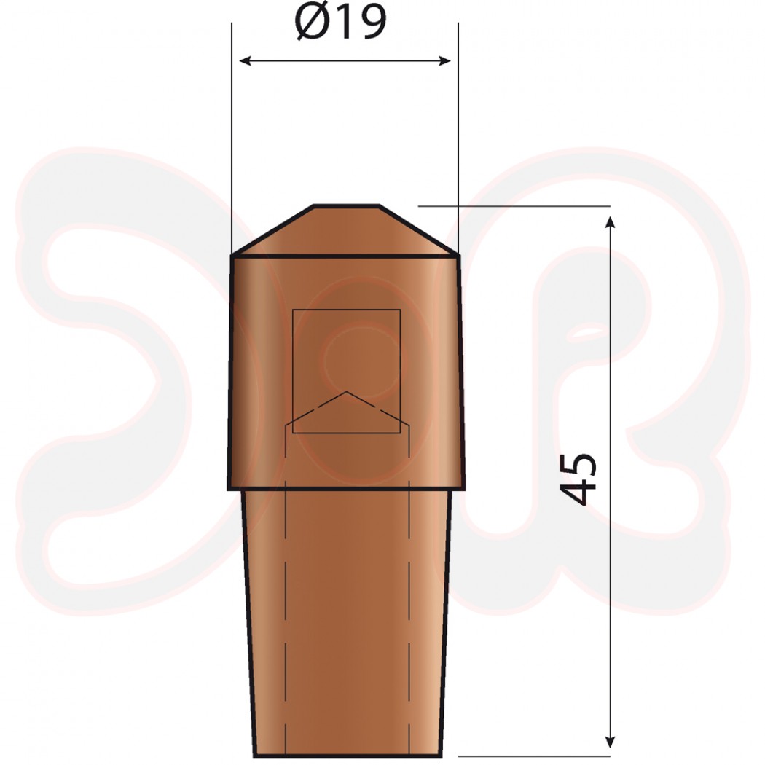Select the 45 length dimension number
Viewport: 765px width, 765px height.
point(581,479)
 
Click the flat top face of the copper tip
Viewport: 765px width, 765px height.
point(346,206)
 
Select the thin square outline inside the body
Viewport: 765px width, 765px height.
point(293,372)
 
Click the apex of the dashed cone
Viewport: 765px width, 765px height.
point(347,392)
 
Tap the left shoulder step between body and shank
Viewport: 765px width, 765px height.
point(235,488)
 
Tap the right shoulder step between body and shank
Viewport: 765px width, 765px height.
point(458,488)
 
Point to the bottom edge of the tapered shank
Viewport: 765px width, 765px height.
point(347,756)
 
